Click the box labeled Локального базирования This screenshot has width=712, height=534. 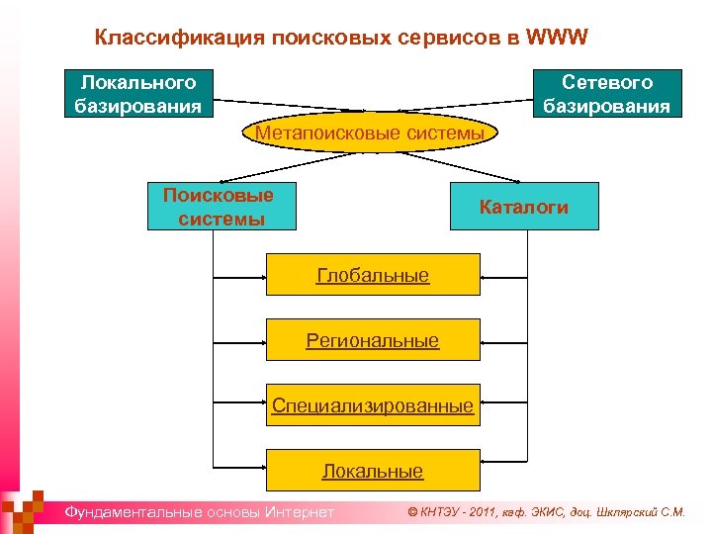coord(138,94)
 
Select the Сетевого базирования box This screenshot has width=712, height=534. coord(606,94)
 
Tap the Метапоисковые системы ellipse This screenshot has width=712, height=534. coord(369,133)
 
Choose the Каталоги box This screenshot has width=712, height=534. coord(523,207)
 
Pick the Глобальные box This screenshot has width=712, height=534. coord(373,274)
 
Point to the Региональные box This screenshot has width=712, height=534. coord(373,340)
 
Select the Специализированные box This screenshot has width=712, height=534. coord(373,405)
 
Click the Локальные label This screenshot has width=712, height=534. coord(373,472)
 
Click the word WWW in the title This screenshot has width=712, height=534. coord(558,38)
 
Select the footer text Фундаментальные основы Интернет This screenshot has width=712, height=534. coord(199,512)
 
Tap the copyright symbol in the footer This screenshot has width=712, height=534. coord(413,512)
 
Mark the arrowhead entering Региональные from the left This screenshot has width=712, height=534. coord(261,340)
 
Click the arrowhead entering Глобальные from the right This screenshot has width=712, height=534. coord(485,274)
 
